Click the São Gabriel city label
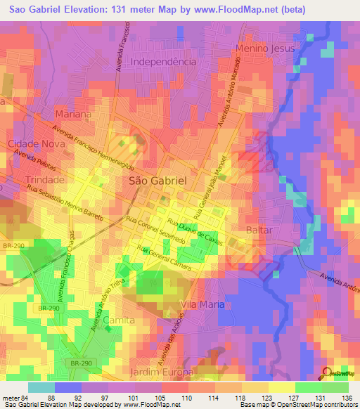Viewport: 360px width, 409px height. pyautogui.click(x=158, y=181)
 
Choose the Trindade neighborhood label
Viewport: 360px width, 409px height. pyautogui.click(x=45, y=180)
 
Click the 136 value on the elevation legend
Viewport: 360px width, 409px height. pyautogui.click(x=346, y=398)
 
